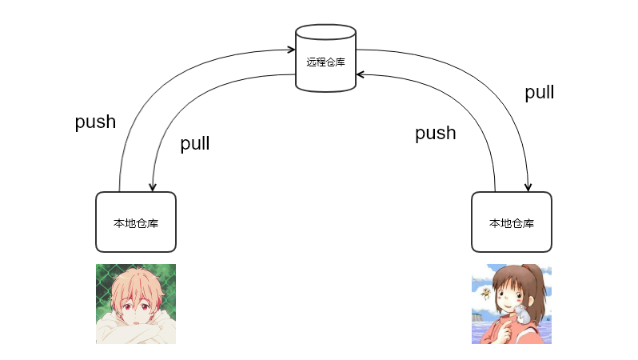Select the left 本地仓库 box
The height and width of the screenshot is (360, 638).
click(135, 222)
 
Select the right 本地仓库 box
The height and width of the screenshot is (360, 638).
click(511, 222)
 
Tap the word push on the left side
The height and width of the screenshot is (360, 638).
click(95, 122)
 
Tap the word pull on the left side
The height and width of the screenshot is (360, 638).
click(194, 144)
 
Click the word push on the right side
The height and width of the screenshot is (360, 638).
click(435, 133)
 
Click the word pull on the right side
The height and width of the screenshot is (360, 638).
click(539, 93)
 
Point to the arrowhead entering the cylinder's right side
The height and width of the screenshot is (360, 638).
click(360, 74)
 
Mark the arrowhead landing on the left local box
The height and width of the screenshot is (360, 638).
click(151, 188)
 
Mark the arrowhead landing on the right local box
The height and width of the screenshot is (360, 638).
click(528, 188)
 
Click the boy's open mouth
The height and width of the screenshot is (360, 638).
click(138, 318)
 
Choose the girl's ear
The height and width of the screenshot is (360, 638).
click(526, 295)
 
